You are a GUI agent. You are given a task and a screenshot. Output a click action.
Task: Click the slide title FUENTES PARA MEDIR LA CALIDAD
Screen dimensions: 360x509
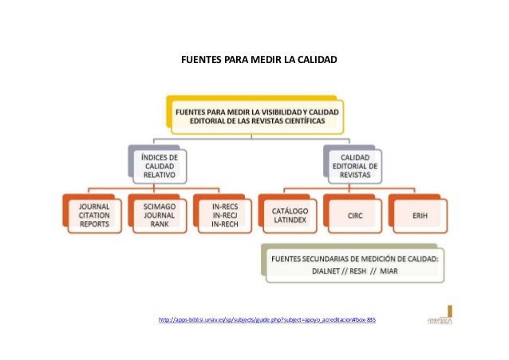click(x=258, y=61)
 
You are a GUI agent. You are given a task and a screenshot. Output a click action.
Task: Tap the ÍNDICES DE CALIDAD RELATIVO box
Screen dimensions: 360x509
click(x=159, y=165)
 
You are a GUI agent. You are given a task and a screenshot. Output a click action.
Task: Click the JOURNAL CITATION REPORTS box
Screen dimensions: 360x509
click(x=95, y=215)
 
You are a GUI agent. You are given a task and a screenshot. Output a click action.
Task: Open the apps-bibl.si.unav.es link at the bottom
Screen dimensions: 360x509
click(x=267, y=320)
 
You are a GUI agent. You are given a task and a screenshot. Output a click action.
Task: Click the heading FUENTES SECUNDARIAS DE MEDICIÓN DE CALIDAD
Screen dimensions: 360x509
click(x=355, y=259)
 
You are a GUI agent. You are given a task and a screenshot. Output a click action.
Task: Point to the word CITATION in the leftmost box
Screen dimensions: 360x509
click(x=95, y=215)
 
